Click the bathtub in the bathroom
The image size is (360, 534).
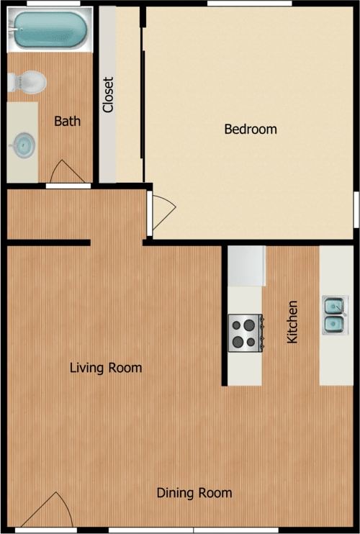click(49, 30)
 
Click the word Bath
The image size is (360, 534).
click(67, 121)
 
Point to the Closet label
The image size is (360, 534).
click(108, 94)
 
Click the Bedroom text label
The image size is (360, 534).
click(251, 130)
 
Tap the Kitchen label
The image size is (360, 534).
click(292, 321)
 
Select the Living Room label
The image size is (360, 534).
click(106, 368)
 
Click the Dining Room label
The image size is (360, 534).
click(194, 493)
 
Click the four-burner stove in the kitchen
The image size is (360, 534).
click(245, 332)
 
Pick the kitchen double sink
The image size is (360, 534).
click(333, 316)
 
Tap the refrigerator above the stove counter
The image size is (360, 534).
click(247, 266)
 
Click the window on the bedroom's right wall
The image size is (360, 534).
click(356, 209)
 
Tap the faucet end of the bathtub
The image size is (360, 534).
click(14, 30)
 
